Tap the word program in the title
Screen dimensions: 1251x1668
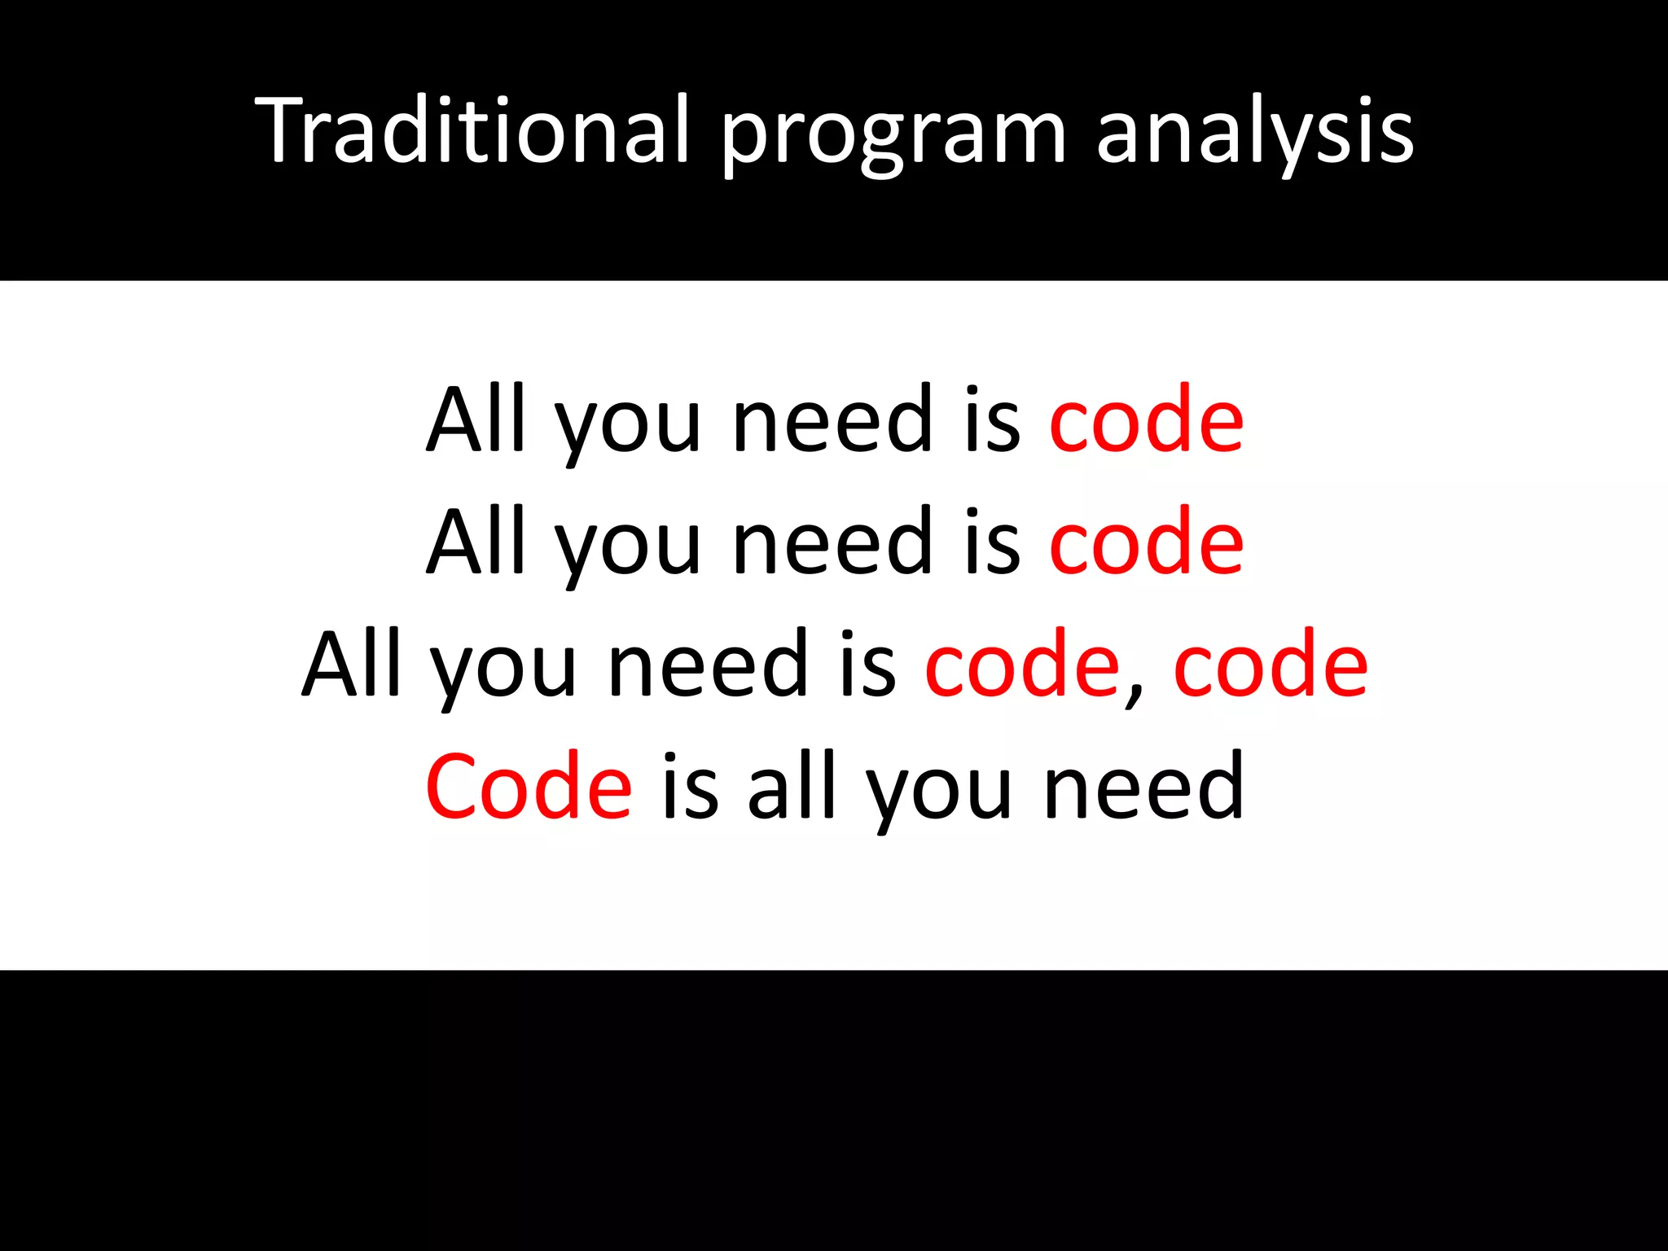click(x=893, y=134)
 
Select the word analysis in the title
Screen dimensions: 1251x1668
click(x=1254, y=134)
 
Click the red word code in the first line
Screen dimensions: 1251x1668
click(x=1146, y=420)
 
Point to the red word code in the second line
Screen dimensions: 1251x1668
click(x=1146, y=542)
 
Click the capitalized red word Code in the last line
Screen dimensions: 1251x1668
click(x=529, y=787)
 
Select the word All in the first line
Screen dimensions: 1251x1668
click(x=476, y=419)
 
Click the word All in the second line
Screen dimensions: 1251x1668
click(x=476, y=541)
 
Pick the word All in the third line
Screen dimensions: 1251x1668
click(x=352, y=663)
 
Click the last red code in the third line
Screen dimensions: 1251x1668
click(x=1271, y=665)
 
